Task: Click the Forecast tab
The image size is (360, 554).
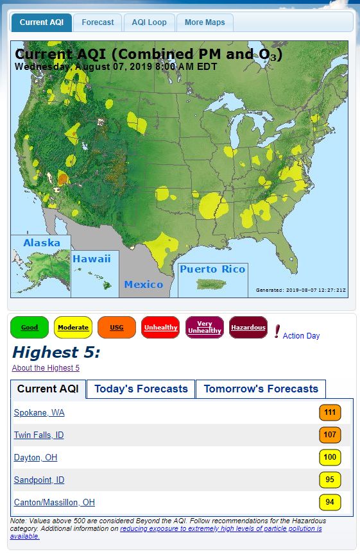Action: tap(98, 22)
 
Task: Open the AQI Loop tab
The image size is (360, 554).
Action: tap(149, 22)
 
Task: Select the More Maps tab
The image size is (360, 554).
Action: tap(205, 22)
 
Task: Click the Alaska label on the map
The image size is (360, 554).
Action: tap(42, 243)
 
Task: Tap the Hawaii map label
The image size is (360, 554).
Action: tap(92, 259)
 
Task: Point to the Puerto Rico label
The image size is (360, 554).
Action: tap(212, 269)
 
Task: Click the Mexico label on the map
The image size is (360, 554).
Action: tap(144, 284)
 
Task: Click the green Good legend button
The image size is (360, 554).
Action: tap(30, 328)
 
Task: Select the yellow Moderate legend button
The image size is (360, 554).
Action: tap(73, 328)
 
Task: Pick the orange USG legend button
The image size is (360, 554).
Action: tap(117, 328)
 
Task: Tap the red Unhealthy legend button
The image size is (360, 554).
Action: tap(160, 328)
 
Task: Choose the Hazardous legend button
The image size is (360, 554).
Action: tap(248, 328)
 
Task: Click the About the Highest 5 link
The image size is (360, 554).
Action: tap(46, 368)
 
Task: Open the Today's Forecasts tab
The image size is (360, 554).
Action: tap(141, 389)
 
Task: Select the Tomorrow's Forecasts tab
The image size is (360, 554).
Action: tap(261, 389)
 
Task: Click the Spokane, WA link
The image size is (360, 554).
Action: tap(39, 413)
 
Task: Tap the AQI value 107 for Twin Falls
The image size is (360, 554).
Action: tap(330, 435)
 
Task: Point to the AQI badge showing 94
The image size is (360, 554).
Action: tap(330, 502)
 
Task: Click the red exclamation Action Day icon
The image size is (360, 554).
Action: tap(277, 332)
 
